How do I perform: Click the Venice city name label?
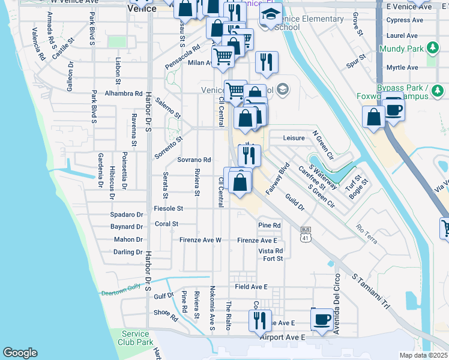142,9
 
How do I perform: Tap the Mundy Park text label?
402,48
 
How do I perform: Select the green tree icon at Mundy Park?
432,48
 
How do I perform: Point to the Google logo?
20,353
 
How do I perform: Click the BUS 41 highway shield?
306,235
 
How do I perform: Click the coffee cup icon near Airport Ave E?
322,319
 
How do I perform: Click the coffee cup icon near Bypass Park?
394,110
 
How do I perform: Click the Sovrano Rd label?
194,160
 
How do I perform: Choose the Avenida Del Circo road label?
337,303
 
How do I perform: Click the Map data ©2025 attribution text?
423,355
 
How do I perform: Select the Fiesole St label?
168,208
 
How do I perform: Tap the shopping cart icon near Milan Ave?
223,56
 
